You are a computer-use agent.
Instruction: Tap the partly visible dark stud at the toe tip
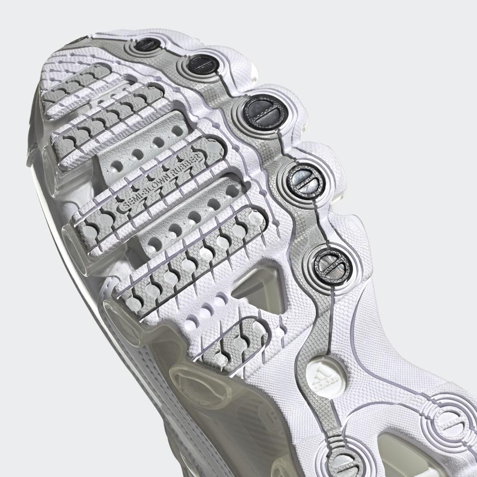point(146,44)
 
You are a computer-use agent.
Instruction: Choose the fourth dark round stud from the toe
point(306,181)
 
